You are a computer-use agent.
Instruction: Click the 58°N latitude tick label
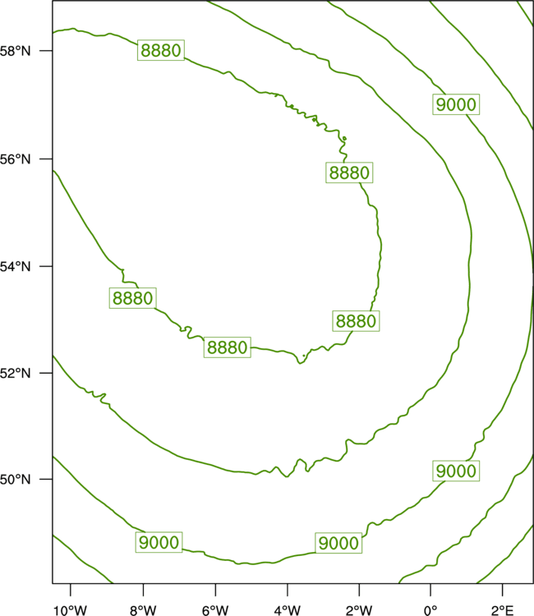(x=15, y=51)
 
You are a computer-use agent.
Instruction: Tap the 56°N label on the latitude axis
(x=15, y=159)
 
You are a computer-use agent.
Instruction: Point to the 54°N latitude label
(x=15, y=267)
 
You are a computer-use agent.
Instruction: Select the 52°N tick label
(x=15, y=373)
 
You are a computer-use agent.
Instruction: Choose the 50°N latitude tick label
(x=15, y=480)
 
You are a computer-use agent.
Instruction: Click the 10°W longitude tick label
(x=70, y=610)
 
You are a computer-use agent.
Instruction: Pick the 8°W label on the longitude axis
(x=143, y=610)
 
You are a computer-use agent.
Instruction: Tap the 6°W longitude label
(x=215, y=610)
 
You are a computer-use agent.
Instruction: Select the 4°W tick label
(x=288, y=610)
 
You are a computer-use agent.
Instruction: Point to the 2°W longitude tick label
(x=359, y=610)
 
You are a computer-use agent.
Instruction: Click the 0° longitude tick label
(x=430, y=610)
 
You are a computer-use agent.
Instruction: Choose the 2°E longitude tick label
(x=502, y=610)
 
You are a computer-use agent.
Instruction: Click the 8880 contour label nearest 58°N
(x=161, y=50)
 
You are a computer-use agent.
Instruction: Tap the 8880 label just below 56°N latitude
(x=349, y=172)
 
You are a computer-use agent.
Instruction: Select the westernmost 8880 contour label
(x=132, y=298)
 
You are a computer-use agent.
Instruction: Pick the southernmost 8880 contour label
(x=227, y=347)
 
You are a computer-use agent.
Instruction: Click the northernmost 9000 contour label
(x=456, y=104)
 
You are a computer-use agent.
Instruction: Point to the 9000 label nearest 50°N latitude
(x=456, y=471)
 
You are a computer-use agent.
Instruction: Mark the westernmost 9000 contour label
(x=159, y=542)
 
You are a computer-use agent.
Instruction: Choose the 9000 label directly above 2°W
(x=338, y=543)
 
